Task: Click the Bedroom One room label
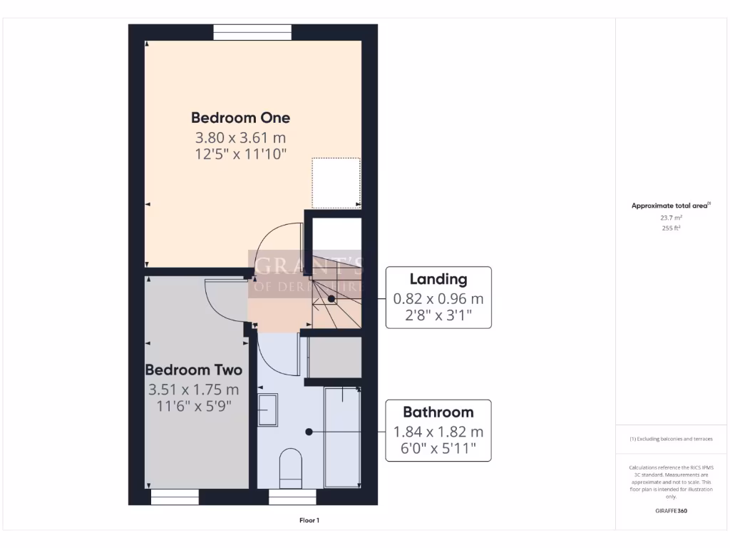(x=240, y=118)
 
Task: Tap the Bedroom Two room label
(x=193, y=370)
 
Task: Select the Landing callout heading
(x=438, y=279)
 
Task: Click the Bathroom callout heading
(x=438, y=412)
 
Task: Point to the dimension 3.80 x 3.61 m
(x=240, y=138)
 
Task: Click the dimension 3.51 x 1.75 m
(x=193, y=390)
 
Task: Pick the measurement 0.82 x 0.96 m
(x=438, y=299)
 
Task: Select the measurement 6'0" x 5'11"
(x=438, y=450)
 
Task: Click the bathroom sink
(x=267, y=410)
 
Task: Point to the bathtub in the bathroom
(x=342, y=437)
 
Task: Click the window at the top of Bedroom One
(x=252, y=32)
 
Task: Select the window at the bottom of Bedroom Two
(x=175, y=497)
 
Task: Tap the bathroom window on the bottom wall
(x=292, y=497)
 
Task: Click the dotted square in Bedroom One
(x=336, y=183)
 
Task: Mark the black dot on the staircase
(x=331, y=299)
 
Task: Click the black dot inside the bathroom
(x=309, y=432)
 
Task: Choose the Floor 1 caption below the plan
(x=309, y=520)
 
